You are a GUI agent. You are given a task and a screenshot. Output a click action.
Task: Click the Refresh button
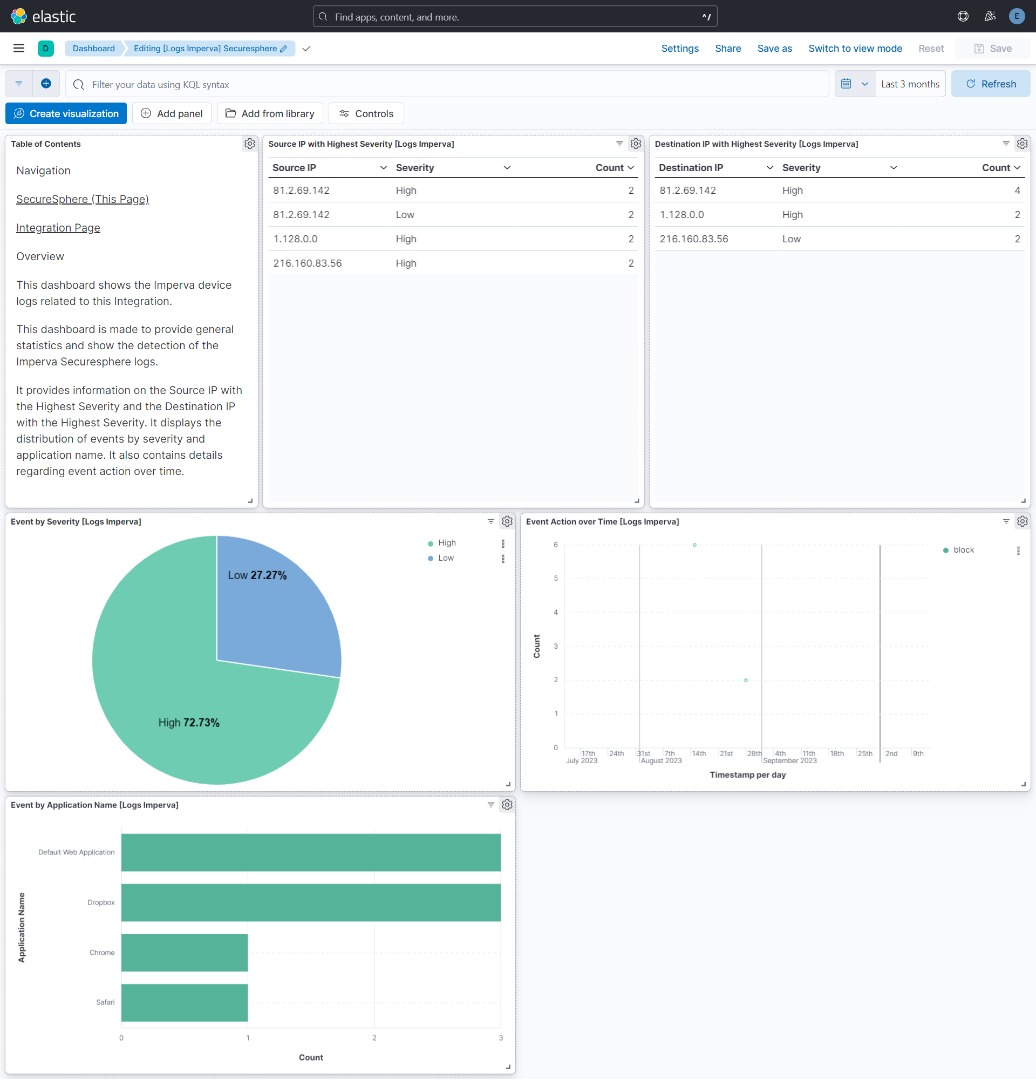point(990,84)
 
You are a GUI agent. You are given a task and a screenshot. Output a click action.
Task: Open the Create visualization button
point(66,113)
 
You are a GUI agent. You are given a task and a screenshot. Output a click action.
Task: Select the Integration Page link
point(58,228)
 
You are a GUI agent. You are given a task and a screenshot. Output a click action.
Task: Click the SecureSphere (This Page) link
point(83,199)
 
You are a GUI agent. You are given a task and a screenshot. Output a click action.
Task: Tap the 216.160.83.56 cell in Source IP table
point(308,263)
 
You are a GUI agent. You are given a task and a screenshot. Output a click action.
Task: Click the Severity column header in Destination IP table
point(801,167)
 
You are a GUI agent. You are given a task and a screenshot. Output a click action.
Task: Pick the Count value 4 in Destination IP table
point(1017,191)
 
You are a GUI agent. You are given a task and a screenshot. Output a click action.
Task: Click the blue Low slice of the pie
point(275,612)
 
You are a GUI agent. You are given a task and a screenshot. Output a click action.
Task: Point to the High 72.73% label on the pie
point(189,722)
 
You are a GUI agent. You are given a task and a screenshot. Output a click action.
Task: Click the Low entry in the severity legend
point(446,558)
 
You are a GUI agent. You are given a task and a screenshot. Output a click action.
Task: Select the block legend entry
point(963,550)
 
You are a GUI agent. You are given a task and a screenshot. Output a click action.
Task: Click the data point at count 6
point(694,545)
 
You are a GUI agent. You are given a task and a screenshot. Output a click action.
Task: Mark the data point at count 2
point(746,680)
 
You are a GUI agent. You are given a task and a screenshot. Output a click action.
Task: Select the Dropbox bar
point(311,902)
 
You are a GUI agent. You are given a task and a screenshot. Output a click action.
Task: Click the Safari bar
point(185,1002)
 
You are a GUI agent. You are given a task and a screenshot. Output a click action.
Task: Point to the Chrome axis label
point(102,953)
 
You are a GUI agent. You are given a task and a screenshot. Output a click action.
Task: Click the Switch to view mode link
point(855,49)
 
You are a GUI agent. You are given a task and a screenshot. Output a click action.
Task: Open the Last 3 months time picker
point(910,84)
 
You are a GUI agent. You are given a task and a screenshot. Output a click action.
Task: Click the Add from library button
point(270,113)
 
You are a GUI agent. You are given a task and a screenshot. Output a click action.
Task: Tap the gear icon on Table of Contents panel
point(249,144)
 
